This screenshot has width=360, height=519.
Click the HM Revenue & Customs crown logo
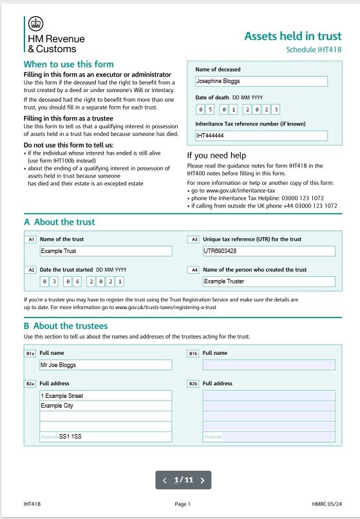tap(35, 24)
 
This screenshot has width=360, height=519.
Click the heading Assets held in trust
tap(292, 36)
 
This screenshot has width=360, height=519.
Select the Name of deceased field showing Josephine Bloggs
tap(261, 81)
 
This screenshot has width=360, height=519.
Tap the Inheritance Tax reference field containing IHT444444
tap(261, 136)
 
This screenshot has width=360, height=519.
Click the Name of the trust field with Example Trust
tap(105, 251)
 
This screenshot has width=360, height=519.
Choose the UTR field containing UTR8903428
tap(269, 251)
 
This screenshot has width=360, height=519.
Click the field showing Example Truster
tap(269, 281)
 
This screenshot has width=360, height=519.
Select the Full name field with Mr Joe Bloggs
tap(105, 364)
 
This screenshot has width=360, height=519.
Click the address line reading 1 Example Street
tap(105, 395)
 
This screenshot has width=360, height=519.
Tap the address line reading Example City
tap(105, 406)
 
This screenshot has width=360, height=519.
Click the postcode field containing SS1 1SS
tap(105, 437)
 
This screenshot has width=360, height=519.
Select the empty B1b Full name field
tap(269, 364)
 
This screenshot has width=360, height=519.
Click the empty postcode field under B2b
tap(269, 437)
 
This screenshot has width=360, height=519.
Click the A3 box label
tap(193, 240)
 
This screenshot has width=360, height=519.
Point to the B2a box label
tap(30, 383)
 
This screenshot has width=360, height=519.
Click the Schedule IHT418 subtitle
tap(314, 50)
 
